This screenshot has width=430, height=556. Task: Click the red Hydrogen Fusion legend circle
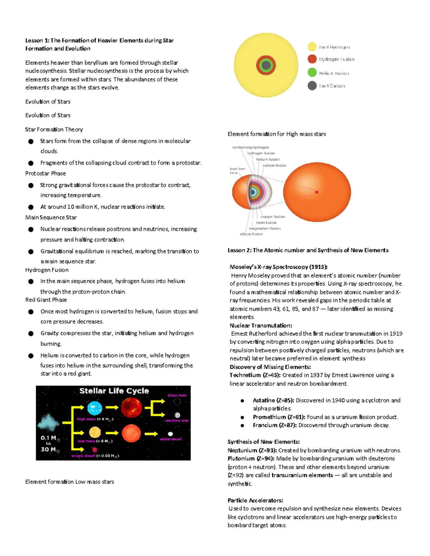click(312, 59)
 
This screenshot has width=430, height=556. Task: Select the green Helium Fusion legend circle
click(312, 73)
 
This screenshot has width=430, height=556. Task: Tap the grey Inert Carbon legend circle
click(312, 86)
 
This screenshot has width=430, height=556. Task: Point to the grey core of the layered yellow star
click(266, 65)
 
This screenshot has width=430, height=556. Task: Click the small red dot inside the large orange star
click(317, 192)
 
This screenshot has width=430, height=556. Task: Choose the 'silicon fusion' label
click(251, 234)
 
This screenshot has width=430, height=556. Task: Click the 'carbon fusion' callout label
click(274, 165)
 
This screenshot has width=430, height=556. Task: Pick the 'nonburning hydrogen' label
click(250, 147)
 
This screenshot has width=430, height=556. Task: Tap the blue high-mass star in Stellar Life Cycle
click(95, 408)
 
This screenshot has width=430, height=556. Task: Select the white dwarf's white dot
click(171, 434)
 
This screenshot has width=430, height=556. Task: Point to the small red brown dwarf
click(95, 450)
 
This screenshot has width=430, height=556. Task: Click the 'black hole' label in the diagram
click(177, 395)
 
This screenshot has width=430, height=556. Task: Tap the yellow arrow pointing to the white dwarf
click(151, 434)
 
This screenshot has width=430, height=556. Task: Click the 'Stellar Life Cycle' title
click(114, 391)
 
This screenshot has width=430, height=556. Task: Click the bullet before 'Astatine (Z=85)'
click(243, 401)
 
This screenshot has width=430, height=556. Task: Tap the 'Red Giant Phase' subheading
click(46, 300)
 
